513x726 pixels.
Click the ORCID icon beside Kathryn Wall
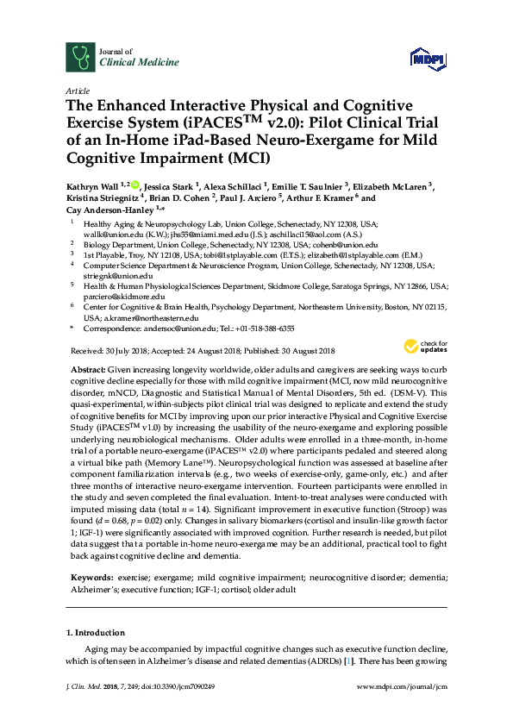coord(135,184)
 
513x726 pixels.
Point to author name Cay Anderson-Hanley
coord(111,210)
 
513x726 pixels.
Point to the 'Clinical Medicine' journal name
coord(140,62)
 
